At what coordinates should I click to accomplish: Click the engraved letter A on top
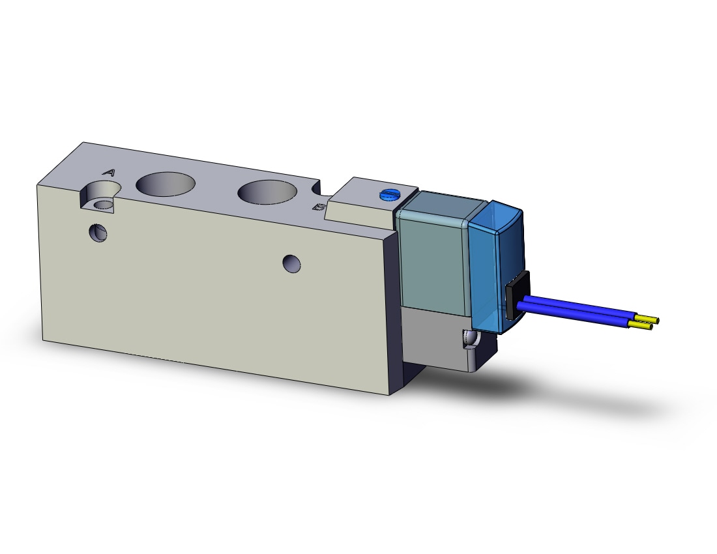[x=109, y=173]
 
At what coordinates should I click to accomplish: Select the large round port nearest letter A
[x=166, y=184]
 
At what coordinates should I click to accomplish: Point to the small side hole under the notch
[x=98, y=232]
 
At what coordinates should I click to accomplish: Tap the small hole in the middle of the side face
[x=292, y=264]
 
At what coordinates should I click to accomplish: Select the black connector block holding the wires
[x=517, y=295]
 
